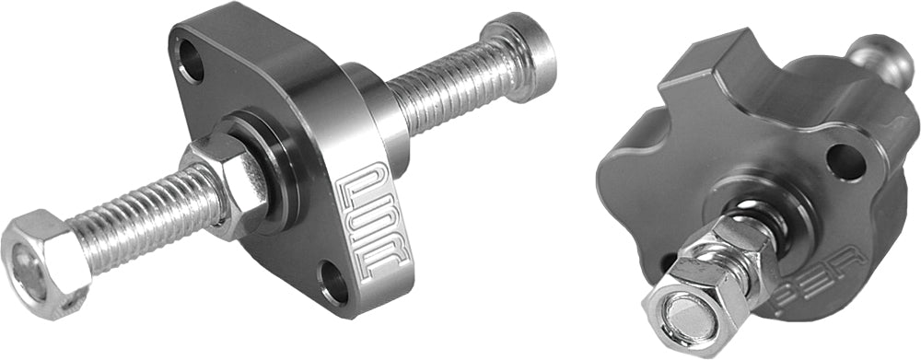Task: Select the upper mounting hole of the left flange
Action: [192, 61]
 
